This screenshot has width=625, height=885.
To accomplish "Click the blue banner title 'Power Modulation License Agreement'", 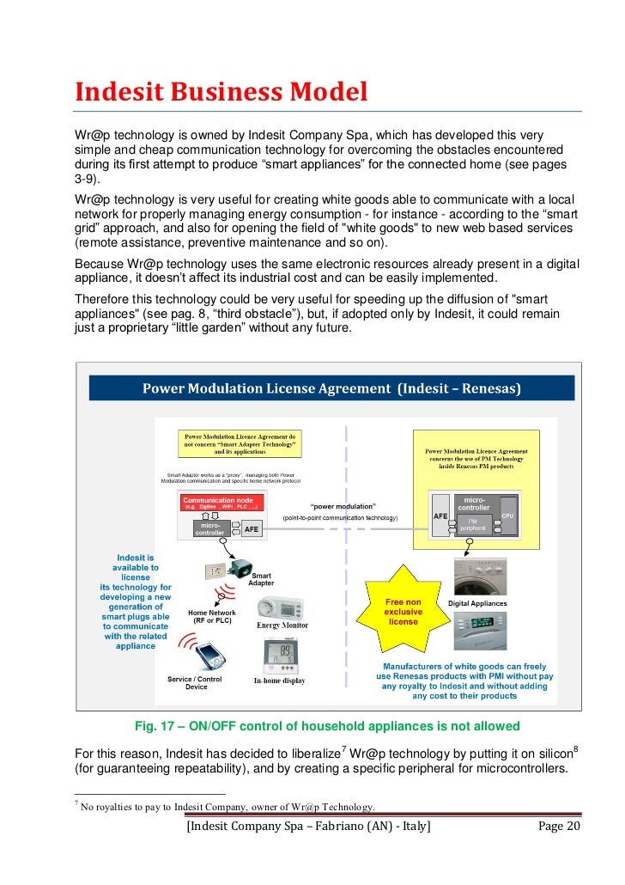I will [331, 388].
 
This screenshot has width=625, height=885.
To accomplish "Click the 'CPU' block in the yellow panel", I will [507, 516].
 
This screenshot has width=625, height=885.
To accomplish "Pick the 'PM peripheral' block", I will [472, 523].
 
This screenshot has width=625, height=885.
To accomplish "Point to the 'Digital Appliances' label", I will [478, 604].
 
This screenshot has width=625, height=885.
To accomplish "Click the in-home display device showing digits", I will [280, 656].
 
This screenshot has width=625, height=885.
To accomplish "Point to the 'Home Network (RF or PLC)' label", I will [211, 618].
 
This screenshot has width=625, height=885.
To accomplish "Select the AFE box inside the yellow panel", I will [440, 516].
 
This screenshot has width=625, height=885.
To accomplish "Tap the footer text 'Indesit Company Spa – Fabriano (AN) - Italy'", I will [308, 826].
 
